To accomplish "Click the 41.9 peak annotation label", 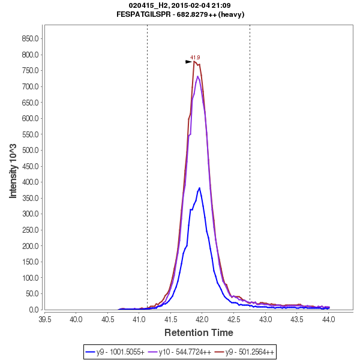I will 195,58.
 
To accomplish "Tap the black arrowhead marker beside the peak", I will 188,61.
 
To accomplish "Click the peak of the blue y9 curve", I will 199,188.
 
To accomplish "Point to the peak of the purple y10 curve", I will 197,76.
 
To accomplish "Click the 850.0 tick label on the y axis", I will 30,38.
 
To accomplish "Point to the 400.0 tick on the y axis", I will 30,182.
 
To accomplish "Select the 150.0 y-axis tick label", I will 30,262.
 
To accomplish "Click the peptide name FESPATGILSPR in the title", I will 145,14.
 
